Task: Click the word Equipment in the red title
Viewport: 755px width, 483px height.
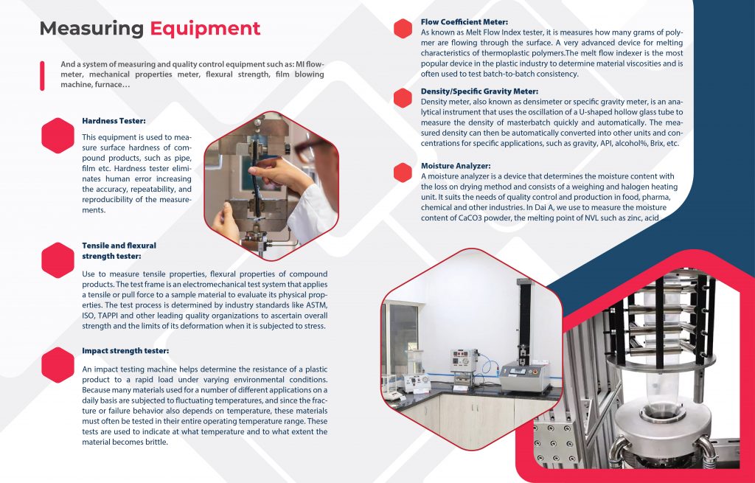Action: pyautogui.click(x=205, y=29)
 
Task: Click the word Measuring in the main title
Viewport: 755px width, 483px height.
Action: pyautogui.click(x=91, y=29)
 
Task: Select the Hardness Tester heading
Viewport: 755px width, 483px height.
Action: pyautogui.click(x=114, y=121)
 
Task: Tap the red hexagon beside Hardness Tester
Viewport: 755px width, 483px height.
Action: pyautogui.click(x=58, y=136)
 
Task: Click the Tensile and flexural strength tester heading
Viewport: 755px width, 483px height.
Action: pyautogui.click(x=119, y=251)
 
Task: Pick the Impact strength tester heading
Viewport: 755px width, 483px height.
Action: pyautogui.click(x=125, y=351)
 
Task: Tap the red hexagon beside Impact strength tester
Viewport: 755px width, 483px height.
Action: pyautogui.click(x=58, y=365)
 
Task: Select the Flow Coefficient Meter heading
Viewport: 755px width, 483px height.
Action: pyautogui.click(x=465, y=22)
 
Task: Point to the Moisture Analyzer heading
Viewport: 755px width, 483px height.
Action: pyautogui.click(x=456, y=166)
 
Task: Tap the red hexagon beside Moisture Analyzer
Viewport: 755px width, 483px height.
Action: pyautogui.click(x=403, y=173)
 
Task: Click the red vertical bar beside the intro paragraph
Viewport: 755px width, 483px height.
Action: pyautogui.click(x=42, y=76)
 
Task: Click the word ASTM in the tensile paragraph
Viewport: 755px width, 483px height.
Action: pyautogui.click(x=318, y=305)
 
